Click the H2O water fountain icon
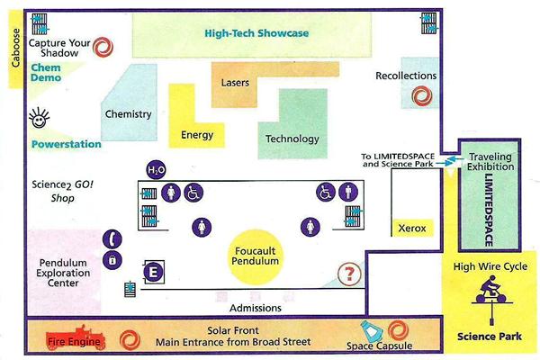click(156, 169)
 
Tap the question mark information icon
click(349, 274)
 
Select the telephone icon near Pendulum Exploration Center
click(112, 239)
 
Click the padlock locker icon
click(112, 260)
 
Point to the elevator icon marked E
click(154, 272)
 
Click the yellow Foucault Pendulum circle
click(256, 256)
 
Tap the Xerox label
click(412, 228)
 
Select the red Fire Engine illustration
click(76, 337)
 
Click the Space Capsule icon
click(371, 332)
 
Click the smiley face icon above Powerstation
click(39, 118)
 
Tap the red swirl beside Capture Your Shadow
click(103, 47)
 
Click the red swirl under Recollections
click(422, 95)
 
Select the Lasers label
click(235, 83)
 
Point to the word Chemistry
click(129, 114)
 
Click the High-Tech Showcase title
click(256, 33)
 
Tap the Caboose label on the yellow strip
click(16, 48)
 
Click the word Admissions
click(256, 308)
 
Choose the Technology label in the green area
click(292, 139)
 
